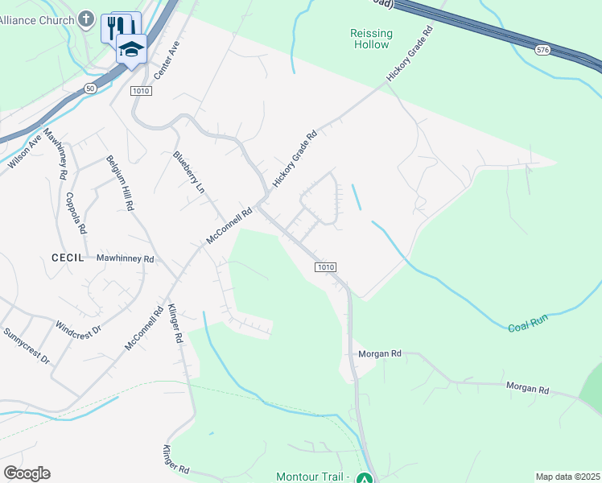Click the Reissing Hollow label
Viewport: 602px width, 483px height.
pos(371,39)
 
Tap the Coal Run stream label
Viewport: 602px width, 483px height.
pos(528,324)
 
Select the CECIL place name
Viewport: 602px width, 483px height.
pos(68,258)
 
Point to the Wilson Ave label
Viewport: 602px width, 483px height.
pos(25,151)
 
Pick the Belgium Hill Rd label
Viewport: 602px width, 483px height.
pos(118,183)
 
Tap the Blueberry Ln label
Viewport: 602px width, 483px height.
pos(188,172)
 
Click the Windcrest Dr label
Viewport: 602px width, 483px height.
pos(78,329)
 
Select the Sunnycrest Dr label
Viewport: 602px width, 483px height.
pos(27,345)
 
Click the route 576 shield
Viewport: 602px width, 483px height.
pos(542,50)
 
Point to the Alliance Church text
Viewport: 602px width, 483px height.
pos(37,20)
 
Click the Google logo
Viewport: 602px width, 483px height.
pos(27,473)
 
